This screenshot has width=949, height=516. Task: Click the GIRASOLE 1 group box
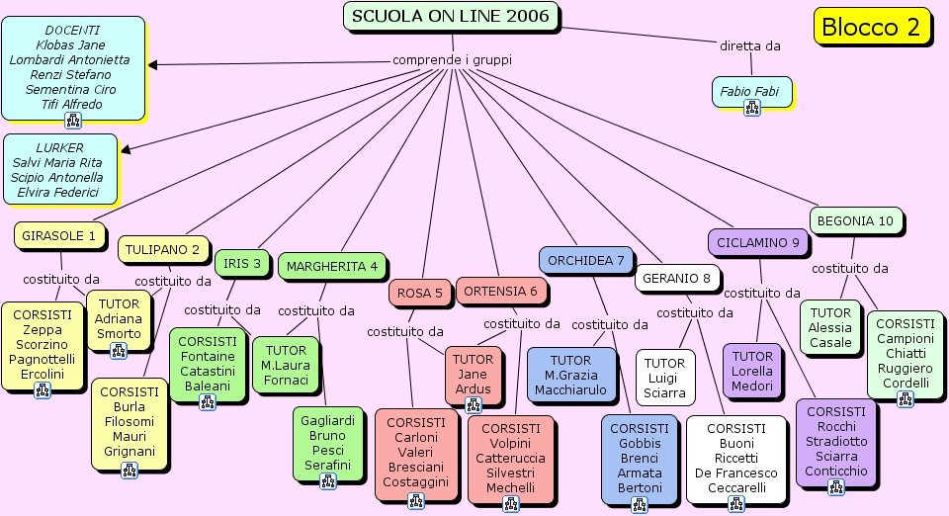[x=59, y=235]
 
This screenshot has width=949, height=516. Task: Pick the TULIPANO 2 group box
[x=160, y=250]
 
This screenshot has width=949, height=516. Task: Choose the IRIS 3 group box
[x=242, y=263]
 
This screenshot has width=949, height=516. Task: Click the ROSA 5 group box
[x=420, y=293]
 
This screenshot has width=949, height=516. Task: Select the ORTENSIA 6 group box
[x=501, y=291]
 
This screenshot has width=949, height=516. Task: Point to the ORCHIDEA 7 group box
[x=586, y=260]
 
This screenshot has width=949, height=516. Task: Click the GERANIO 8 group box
[x=676, y=279]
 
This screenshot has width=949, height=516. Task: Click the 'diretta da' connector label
[x=749, y=45]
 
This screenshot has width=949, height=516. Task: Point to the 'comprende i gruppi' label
[x=453, y=59]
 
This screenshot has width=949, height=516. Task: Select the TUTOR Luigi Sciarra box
[x=665, y=378]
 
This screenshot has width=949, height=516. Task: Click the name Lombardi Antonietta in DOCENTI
[x=69, y=59]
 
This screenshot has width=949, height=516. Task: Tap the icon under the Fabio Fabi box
[x=751, y=108]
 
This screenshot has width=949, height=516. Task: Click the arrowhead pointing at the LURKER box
[x=125, y=150]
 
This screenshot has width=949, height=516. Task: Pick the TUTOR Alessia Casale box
[x=830, y=327]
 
